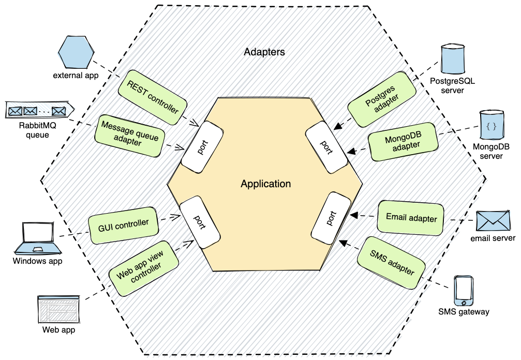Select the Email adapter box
point(411,218)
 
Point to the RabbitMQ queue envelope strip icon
point(38,111)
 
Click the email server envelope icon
point(492,221)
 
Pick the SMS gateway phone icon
point(463,291)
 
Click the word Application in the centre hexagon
point(265,184)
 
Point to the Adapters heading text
point(264,52)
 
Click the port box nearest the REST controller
point(202,146)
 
